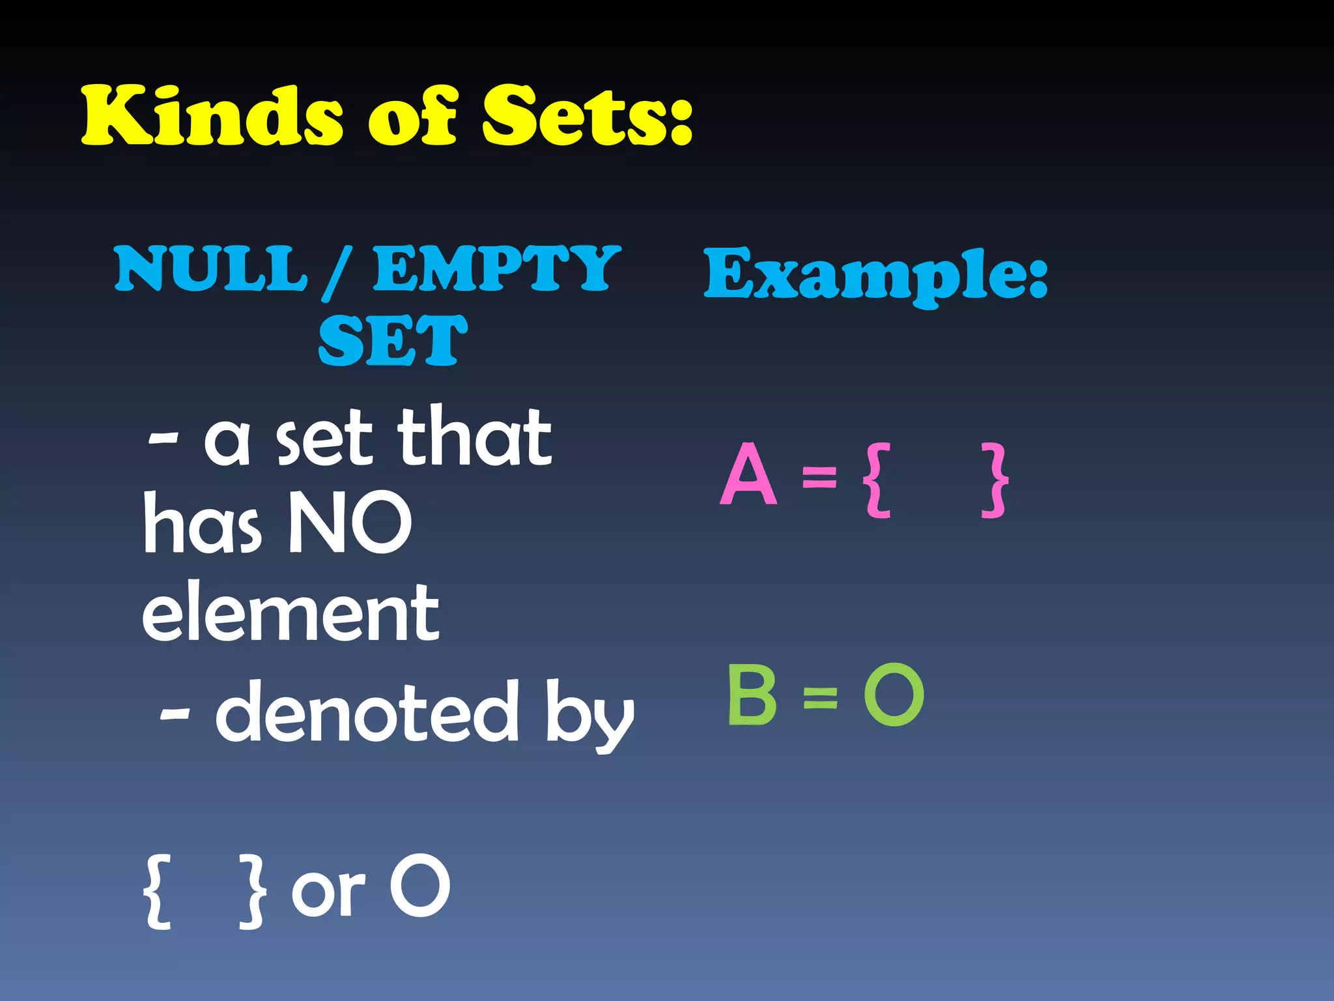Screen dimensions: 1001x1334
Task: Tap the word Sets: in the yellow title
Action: pyautogui.click(x=587, y=115)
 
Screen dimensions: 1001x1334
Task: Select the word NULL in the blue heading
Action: pyautogui.click(x=210, y=268)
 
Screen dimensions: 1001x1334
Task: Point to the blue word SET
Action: pyautogui.click(x=393, y=340)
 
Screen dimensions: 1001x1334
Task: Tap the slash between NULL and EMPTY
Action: pyautogui.click(x=337, y=272)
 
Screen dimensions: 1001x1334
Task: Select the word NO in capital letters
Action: pyautogui.click(x=350, y=523)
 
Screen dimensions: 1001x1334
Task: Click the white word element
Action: pyautogui.click(x=291, y=613)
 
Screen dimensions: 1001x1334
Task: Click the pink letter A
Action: pyautogui.click(x=749, y=474)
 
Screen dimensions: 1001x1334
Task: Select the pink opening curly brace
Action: pyautogui.click(x=876, y=480)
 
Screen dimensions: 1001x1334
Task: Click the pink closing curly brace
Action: pyautogui.click(x=995, y=480)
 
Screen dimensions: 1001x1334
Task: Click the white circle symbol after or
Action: pyautogui.click(x=419, y=886)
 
